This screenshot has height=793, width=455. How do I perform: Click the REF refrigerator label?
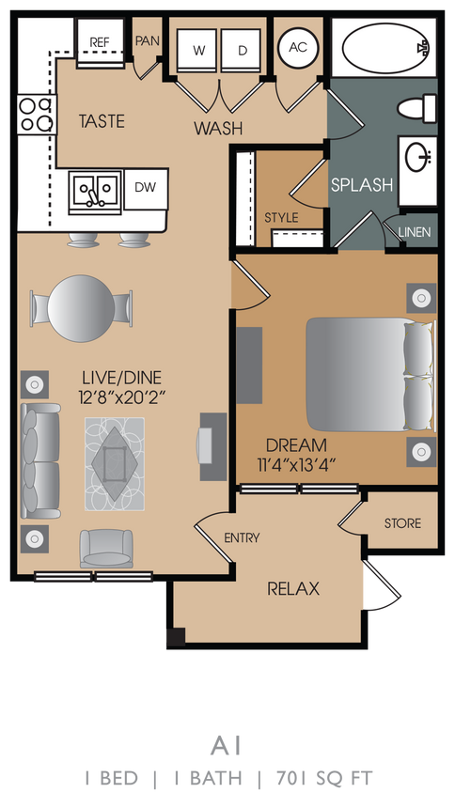[99, 42]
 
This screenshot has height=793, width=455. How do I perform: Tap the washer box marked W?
[198, 50]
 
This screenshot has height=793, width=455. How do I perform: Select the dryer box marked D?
[242, 50]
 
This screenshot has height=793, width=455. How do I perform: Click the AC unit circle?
[298, 47]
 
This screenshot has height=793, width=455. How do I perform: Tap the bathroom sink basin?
[416, 160]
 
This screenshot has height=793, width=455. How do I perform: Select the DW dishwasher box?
[145, 187]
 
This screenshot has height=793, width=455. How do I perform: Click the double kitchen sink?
[94, 192]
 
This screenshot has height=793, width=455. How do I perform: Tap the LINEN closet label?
[415, 232]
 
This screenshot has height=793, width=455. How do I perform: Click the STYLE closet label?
[281, 217]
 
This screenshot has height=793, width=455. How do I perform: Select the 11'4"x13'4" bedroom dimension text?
[296, 462]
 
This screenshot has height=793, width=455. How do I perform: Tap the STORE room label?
[403, 523]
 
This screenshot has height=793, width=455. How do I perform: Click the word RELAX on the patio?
[293, 589]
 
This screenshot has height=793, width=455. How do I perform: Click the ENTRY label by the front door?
[242, 538]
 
